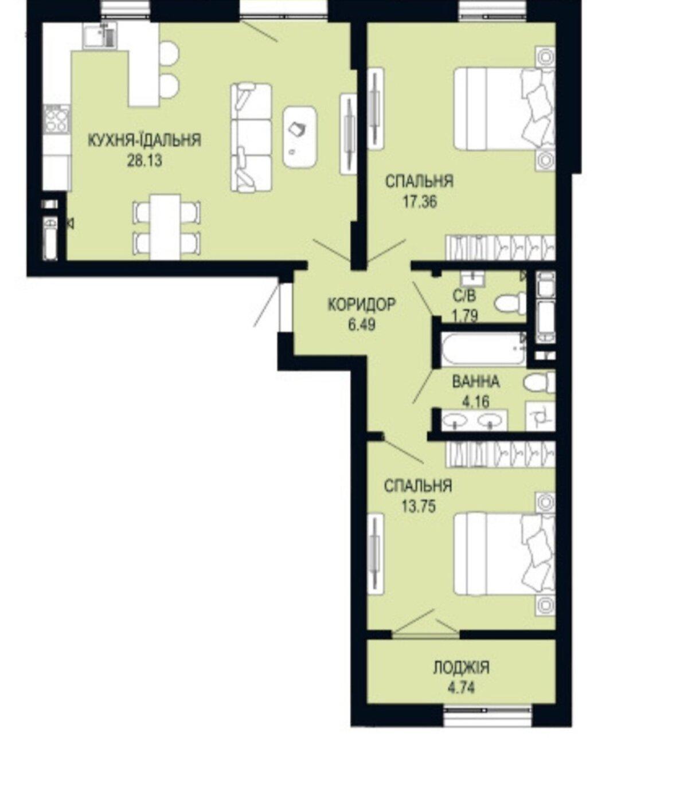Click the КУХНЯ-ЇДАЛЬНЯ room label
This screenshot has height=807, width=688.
click(x=144, y=140)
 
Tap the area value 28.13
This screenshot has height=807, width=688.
click(x=144, y=160)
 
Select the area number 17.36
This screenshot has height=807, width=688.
click(x=420, y=202)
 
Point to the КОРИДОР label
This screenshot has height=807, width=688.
click(x=362, y=304)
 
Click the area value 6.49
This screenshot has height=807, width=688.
click(x=362, y=324)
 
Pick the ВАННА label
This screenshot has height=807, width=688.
click(x=476, y=382)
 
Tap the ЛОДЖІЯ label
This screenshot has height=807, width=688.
click(x=461, y=668)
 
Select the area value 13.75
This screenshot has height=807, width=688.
click(x=419, y=507)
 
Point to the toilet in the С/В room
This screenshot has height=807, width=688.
click(x=510, y=303)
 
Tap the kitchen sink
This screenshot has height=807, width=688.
click(x=99, y=36)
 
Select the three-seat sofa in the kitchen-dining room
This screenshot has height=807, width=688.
click(x=251, y=138)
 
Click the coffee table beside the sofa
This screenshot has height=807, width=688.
click(x=300, y=138)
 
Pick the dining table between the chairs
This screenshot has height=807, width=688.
click(x=166, y=226)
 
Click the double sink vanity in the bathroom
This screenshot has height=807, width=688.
click(x=474, y=421)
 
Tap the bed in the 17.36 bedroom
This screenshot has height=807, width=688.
click(x=505, y=108)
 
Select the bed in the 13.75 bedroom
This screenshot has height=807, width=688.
click(x=505, y=554)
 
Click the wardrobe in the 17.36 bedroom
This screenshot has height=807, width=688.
click(x=501, y=248)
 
